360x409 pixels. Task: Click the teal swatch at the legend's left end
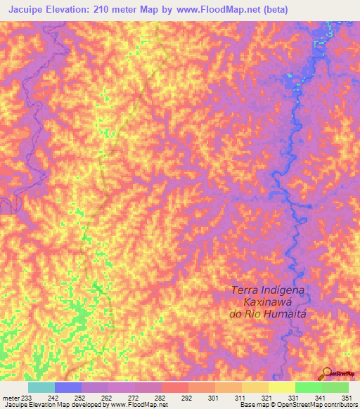41,387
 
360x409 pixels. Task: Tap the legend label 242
52,397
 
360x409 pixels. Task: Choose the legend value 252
79,397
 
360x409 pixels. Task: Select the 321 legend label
266,397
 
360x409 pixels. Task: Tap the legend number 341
320,397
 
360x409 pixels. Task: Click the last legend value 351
347,397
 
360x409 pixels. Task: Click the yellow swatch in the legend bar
281,387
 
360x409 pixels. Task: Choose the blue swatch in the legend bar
68,387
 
